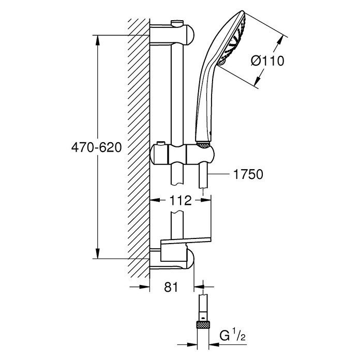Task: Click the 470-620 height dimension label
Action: [96, 147]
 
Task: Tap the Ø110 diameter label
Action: [267, 61]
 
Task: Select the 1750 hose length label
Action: [248, 174]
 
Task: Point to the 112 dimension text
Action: [180, 201]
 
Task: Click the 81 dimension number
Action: [171, 287]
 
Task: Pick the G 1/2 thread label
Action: [232, 336]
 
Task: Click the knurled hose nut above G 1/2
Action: [203, 325]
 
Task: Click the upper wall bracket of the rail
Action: [172, 34]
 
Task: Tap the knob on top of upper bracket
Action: [177, 23]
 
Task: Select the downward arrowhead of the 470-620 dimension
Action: [98, 253]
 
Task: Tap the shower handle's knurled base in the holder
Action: [203, 145]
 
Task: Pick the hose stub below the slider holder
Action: [203, 176]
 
